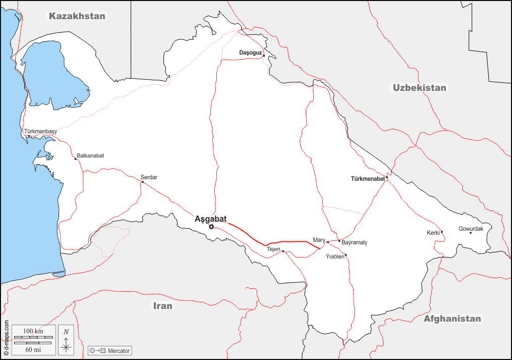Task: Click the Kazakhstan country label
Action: (x=77, y=16)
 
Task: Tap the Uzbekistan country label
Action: (x=420, y=88)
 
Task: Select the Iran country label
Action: (x=163, y=306)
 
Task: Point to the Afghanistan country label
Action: (x=452, y=319)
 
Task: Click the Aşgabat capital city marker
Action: (x=211, y=227)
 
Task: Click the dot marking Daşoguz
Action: (x=264, y=56)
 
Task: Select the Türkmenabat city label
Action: (x=368, y=179)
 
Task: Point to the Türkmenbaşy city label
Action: (x=41, y=131)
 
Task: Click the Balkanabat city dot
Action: (x=76, y=159)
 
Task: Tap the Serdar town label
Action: (x=149, y=177)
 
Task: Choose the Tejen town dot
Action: (x=283, y=251)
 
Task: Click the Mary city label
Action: (x=319, y=240)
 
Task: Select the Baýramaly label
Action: (x=355, y=243)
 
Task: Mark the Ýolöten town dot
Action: (x=346, y=254)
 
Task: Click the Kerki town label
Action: (x=433, y=233)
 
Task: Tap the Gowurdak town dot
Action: (x=471, y=232)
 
